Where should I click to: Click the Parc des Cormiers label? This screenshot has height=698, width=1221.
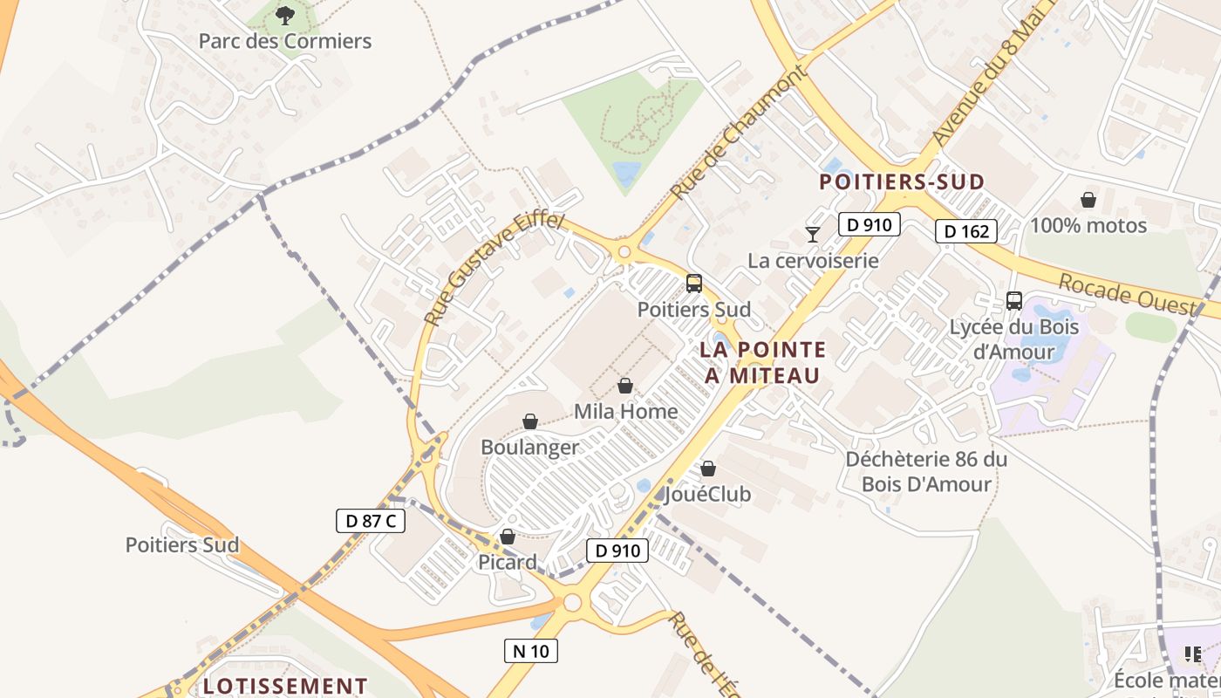(285, 41)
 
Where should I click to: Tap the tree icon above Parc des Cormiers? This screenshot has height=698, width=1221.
(285, 15)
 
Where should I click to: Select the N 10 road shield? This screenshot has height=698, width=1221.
(530, 650)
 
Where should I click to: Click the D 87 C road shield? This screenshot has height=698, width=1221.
(371, 521)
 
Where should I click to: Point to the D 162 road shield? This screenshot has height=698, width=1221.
(966, 231)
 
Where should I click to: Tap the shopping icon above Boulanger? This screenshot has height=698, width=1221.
(530, 422)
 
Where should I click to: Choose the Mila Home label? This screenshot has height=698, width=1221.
(625, 411)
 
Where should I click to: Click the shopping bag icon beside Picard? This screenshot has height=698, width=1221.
(508, 537)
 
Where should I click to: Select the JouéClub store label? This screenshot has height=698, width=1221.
(707, 495)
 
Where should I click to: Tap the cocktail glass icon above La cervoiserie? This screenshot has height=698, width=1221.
(813, 234)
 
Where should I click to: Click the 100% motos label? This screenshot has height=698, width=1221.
(1088, 225)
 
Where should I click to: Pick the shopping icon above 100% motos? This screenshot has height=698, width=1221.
(1088, 201)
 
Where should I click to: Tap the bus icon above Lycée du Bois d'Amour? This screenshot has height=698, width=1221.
(1014, 301)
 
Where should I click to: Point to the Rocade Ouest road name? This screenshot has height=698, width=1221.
(1128, 294)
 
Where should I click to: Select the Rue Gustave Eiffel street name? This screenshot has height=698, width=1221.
(494, 269)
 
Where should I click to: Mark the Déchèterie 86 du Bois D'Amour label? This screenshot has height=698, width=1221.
(926, 471)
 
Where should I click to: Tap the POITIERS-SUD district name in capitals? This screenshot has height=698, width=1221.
(902, 181)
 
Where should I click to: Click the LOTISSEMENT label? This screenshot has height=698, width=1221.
(284, 686)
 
